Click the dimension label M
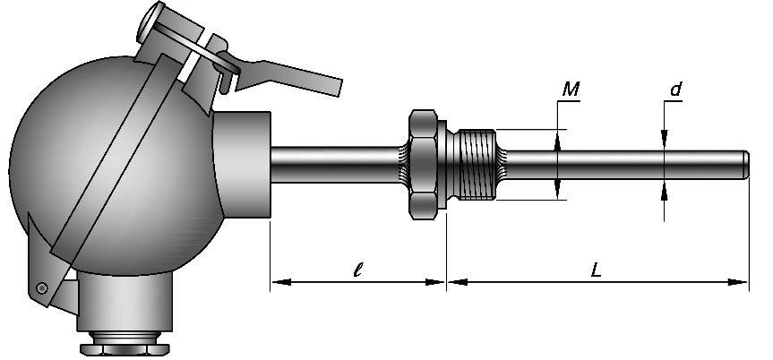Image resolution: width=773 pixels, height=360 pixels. coord(571,90)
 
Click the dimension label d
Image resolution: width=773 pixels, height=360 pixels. coord(676,90)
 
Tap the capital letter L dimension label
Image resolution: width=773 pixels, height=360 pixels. coord(597,270)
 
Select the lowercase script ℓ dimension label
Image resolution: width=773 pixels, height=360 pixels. coord(358,270)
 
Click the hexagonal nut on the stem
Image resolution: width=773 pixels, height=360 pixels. coord(423,164)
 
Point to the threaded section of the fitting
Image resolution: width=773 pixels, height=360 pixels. coord(477,164)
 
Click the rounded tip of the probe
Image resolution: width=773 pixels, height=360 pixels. coord(745,164)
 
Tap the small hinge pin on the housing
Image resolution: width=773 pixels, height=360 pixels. coord(42,287)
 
